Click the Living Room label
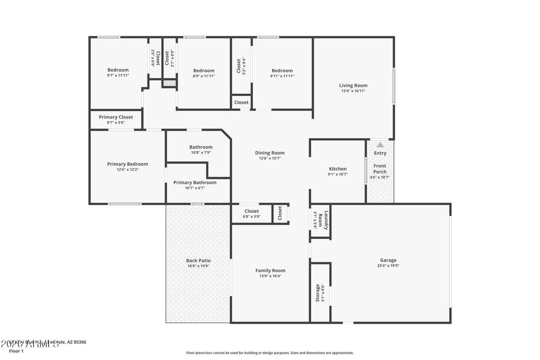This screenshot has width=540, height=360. click(353, 85)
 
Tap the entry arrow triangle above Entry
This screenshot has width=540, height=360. click(380, 144)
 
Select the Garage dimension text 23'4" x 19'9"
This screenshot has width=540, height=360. click(388, 266)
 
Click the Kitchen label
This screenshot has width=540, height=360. click(337, 169)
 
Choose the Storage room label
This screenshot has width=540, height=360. click(317, 293)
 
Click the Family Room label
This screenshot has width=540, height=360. click(270, 270)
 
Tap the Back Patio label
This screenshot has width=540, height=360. click(198, 260)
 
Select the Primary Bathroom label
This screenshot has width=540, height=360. click(195, 182)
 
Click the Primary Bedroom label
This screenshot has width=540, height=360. click(127, 164)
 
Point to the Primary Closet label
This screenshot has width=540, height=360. click(115, 117)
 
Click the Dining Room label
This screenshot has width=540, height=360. click(269, 153)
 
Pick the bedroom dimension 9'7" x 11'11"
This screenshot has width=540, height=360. click(118, 75)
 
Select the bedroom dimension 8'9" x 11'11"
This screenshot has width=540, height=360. click(204, 76)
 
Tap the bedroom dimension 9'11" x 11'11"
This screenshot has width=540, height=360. click(282, 76)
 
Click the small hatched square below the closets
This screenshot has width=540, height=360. click(168, 83)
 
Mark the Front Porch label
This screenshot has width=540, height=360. click(380, 169)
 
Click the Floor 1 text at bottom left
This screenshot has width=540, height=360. click(16, 351)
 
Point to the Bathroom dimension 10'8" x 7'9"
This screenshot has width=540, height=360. click(200, 153)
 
